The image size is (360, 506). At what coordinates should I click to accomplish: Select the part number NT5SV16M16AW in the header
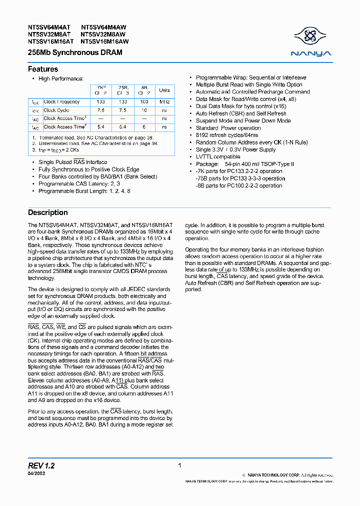104,42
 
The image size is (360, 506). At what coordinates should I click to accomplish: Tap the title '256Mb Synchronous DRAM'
75,52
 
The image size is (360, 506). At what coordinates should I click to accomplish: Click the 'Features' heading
43,69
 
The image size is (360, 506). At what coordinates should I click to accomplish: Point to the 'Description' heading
48,212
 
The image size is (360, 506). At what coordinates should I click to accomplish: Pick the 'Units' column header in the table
164,90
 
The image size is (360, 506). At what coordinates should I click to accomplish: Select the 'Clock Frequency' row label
61,102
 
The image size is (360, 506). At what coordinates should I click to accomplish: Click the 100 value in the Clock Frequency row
144,102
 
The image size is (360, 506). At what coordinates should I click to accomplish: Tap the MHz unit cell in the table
164,102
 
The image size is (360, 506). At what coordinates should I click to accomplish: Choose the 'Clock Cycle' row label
56,110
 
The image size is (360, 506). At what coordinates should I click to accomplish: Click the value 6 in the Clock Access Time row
144,127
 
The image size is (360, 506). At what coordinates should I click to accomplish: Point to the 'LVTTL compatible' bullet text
218,156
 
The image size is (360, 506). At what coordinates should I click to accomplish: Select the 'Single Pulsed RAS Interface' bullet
72,162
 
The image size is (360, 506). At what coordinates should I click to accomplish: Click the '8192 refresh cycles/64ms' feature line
227,135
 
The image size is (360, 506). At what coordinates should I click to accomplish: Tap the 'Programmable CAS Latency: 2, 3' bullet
77,183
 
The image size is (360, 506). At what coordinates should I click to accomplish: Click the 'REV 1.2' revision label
41,466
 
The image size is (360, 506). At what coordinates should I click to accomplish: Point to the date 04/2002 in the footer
36,473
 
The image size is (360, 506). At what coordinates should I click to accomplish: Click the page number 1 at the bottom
179,465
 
